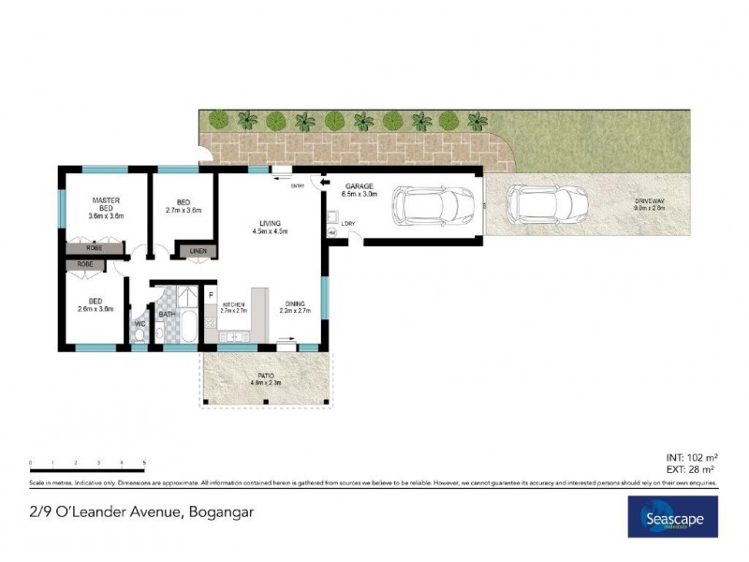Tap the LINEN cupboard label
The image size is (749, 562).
(198, 251)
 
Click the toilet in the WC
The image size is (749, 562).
(139, 335)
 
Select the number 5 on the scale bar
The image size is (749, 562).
(144, 463)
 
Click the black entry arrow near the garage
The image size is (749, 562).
(315, 185)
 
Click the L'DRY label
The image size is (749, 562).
(348, 223)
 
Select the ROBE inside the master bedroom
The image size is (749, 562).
(94, 249)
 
